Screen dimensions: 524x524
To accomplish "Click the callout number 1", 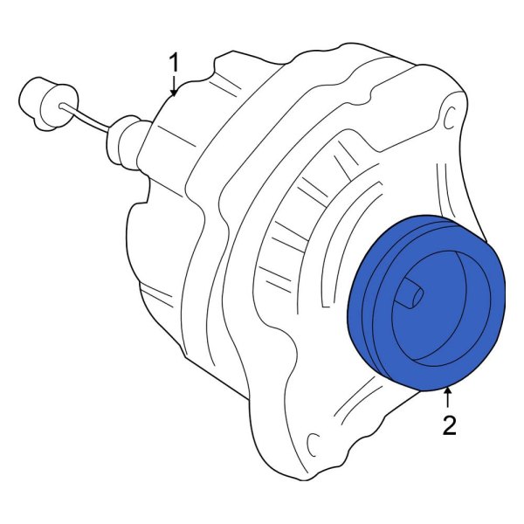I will click(x=174, y=63).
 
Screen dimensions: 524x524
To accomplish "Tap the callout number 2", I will click(x=448, y=425).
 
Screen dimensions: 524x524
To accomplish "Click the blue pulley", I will click(x=428, y=301).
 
